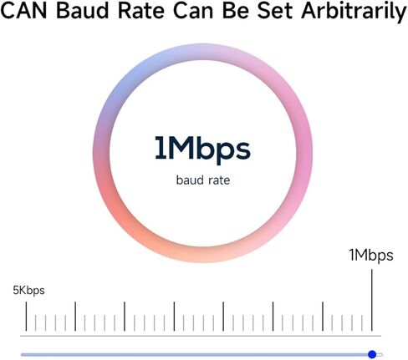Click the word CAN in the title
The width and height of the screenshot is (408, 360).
(x=23, y=11)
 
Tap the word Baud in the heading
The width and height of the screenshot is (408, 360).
(x=83, y=11)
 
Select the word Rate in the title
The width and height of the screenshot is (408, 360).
(x=141, y=11)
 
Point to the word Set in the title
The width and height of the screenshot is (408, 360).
(x=275, y=11)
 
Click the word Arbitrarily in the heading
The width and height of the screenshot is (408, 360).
(x=354, y=12)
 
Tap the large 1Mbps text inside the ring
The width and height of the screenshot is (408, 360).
(x=202, y=149)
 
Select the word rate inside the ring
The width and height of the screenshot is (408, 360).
(x=219, y=180)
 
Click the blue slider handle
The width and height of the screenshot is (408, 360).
(x=372, y=354)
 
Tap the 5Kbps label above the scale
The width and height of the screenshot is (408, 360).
(x=28, y=291)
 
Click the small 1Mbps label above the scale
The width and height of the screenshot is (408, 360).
(x=371, y=256)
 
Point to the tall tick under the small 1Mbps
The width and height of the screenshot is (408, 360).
(x=372, y=300)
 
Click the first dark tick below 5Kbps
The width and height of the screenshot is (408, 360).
(x=26, y=317)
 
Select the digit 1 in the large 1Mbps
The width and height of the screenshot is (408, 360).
(x=161, y=148)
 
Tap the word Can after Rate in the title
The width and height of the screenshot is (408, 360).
(x=193, y=11)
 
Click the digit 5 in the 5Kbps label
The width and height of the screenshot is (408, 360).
(x=16, y=291)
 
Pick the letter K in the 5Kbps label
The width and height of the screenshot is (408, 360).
(x=23, y=291)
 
